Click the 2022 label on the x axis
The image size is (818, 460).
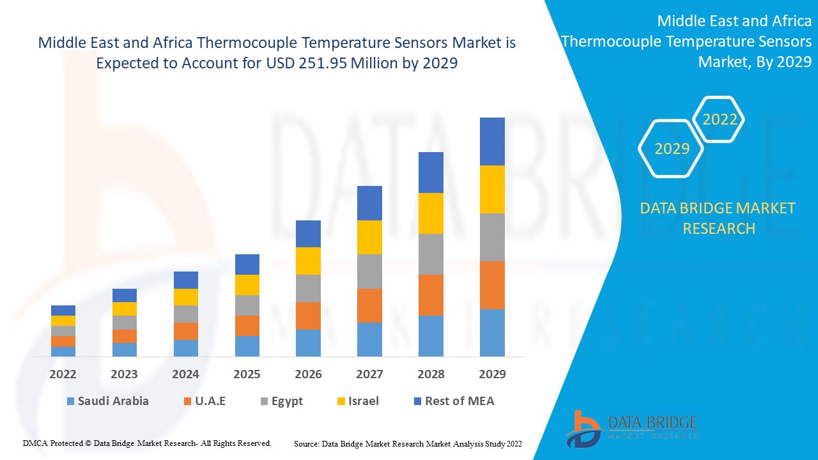[x=63, y=374]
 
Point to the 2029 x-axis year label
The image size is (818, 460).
[x=492, y=374]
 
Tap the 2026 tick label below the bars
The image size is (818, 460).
[x=308, y=374]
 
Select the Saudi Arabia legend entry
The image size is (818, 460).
[x=107, y=401]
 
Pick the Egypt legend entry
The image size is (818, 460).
[x=281, y=401]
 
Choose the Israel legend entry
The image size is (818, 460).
[x=357, y=401]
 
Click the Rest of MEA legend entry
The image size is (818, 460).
[x=454, y=401]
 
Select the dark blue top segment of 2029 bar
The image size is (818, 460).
[x=492, y=141]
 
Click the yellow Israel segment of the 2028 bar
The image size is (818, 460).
[x=431, y=213]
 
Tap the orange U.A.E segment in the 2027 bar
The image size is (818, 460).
[x=369, y=305]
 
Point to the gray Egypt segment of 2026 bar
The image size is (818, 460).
[x=308, y=288]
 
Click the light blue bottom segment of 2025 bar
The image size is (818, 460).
[x=247, y=346]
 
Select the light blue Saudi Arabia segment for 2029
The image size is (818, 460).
[x=492, y=332]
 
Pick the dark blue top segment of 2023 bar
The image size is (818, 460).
[x=124, y=295]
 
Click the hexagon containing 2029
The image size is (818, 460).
[x=671, y=148]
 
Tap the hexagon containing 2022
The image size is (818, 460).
[x=720, y=119]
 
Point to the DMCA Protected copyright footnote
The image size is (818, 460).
[x=147, y=443]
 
